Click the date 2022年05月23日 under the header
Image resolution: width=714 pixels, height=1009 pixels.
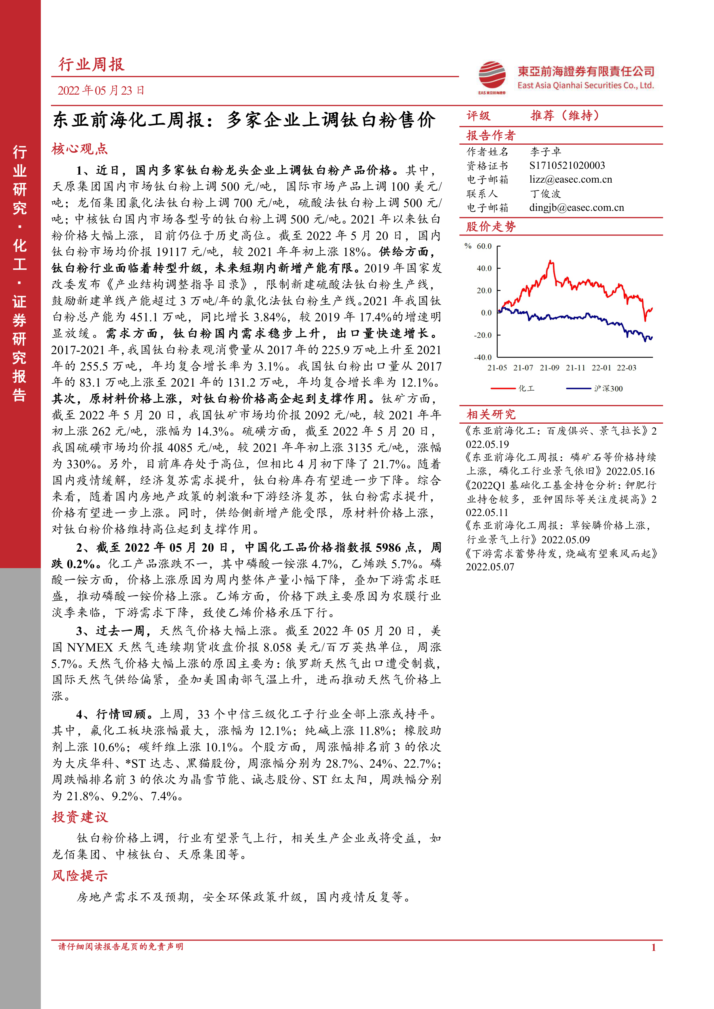point(101,91)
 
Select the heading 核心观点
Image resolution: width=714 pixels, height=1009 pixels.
point(80,149)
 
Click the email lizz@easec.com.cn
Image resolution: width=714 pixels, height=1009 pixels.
point(570,179)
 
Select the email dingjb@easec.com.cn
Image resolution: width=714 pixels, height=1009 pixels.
point(576,207)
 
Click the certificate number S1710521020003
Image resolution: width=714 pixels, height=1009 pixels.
point(567,165)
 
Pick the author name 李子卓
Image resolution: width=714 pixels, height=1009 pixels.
point(545,152)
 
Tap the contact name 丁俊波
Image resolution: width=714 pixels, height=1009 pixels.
point(545,193)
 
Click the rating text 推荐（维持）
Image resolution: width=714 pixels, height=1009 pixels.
point(565,116)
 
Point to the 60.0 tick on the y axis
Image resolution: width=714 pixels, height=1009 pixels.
point(484,246)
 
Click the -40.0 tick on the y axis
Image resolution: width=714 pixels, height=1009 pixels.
point(483,357)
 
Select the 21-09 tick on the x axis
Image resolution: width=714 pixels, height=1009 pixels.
point(549,368)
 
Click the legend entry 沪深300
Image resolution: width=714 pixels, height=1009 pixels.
point(608,389)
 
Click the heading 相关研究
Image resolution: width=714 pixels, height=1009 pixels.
point(491,414)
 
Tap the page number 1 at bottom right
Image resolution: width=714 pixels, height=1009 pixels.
point(653,947)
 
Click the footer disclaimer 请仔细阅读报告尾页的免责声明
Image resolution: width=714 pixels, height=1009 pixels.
point(121,947)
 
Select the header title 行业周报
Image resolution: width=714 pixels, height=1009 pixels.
point(92,65)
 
